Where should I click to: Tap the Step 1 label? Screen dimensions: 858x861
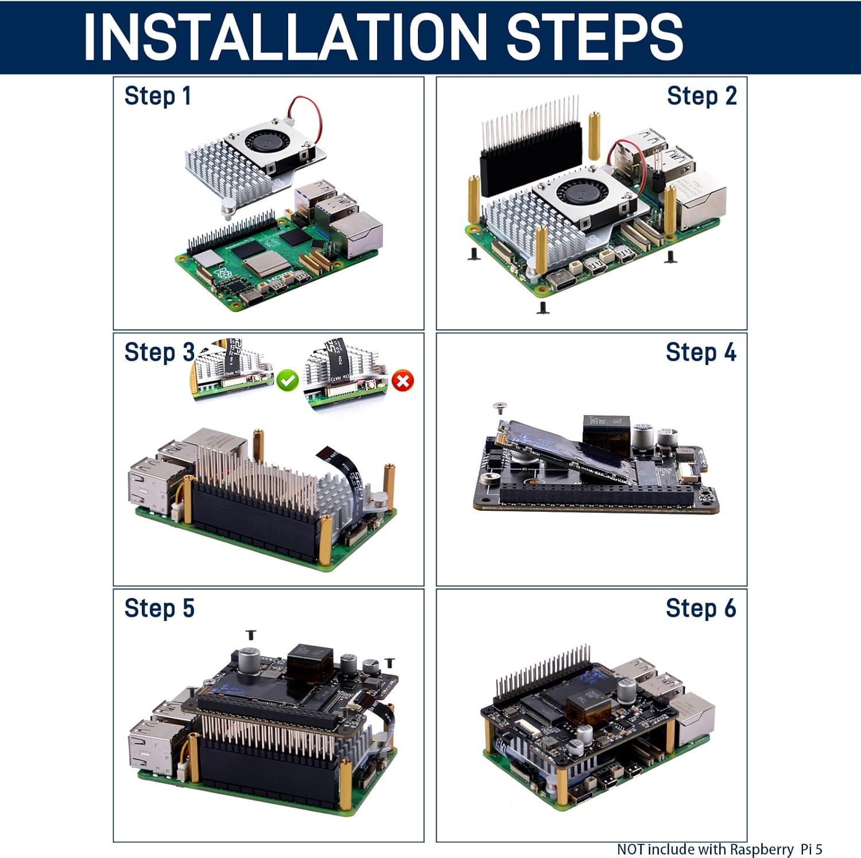pos(157,96)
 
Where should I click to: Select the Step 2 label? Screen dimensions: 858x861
pos(701,96)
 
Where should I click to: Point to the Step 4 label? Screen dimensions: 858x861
pos(701,352)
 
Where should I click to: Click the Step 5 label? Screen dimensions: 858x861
pos(159,608)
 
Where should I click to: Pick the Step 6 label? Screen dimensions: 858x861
pos(701,608)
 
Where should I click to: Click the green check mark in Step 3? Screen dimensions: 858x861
pos(287,381)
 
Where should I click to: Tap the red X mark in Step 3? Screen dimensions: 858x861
pos(404,381)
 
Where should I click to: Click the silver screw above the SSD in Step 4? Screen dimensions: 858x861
pos(499,407)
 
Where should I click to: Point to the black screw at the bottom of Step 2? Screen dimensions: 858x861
pos(542,308)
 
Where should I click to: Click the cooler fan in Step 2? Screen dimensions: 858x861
pos(580,192)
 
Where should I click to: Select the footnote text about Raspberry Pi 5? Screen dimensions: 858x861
pos(719,849)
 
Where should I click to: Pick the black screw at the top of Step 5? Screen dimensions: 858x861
pos(251,634)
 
